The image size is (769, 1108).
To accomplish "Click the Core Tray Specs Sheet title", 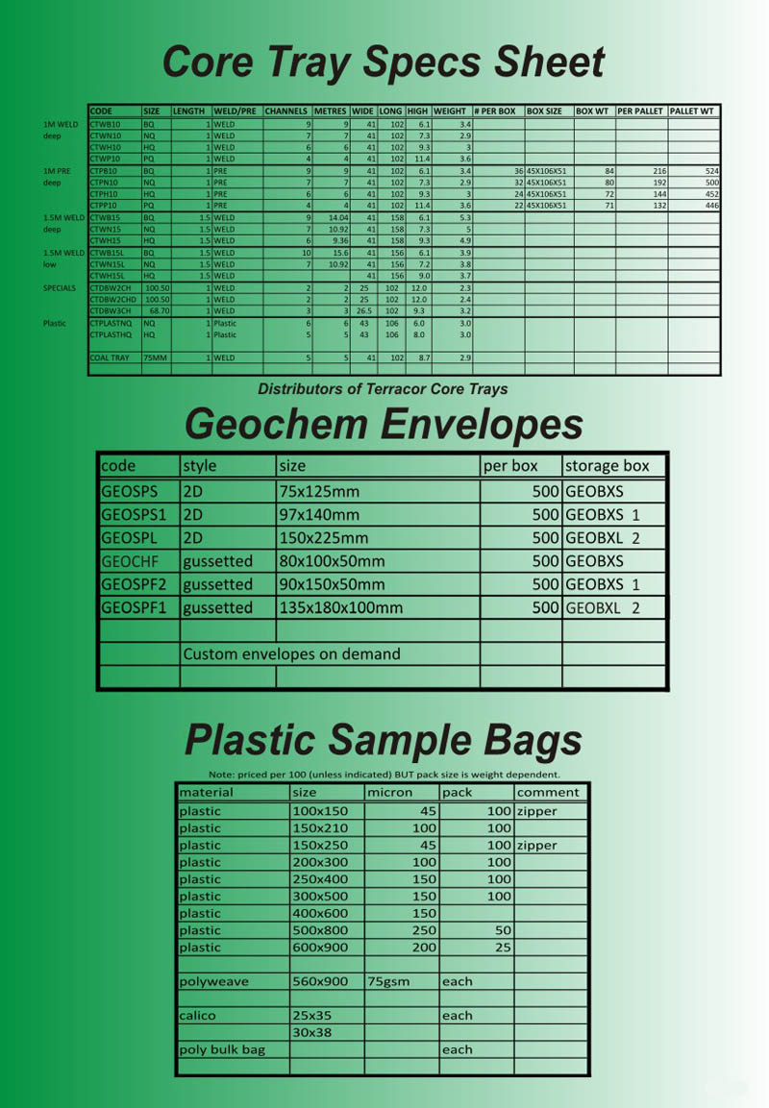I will pos(383,62).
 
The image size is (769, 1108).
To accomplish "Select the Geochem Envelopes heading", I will pos(384,424).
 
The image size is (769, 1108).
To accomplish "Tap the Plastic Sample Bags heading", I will pos(383,740).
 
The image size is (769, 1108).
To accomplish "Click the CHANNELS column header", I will pos(286,111).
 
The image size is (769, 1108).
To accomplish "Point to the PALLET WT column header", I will pos(692,111).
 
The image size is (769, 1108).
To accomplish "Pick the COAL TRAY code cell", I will pos(109,357).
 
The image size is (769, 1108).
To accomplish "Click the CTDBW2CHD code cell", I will pos(112,299).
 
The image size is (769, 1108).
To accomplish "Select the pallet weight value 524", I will pos(711,170).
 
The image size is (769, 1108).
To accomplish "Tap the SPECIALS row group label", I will pos(59,287).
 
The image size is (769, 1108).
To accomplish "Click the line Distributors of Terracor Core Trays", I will pos(383,389).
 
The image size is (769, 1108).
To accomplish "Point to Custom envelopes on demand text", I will pos(291,654).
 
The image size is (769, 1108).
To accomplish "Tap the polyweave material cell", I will pos(213,981).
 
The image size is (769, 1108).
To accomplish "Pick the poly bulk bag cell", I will pos(222,1049).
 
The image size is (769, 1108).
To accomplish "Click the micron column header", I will pos(390,793).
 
